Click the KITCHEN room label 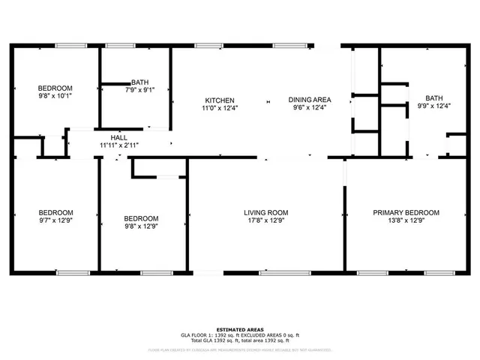click(x=220, y=100)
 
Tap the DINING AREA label click(x=310, y=100)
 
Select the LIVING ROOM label click(x=265, y=213)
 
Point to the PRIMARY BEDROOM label click(x=406, y=213)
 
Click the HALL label click(x=118, y=138)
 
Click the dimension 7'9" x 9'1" click(x=139, y=90)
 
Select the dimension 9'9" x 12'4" click(x=433, y=106)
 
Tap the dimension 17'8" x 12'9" click(x=265, y=221)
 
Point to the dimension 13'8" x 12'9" click(x=406, y=221)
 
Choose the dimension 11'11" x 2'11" click(x=118, y=145)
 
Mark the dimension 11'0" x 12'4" click(x=220, y=108)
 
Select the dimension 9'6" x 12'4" click(x=310, y=108)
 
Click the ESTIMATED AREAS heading click(x=239, y=330)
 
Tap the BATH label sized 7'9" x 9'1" click(x=139, y=82)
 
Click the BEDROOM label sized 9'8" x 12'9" click(x=141, y=218)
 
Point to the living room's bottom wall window click(x=280, y=272)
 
